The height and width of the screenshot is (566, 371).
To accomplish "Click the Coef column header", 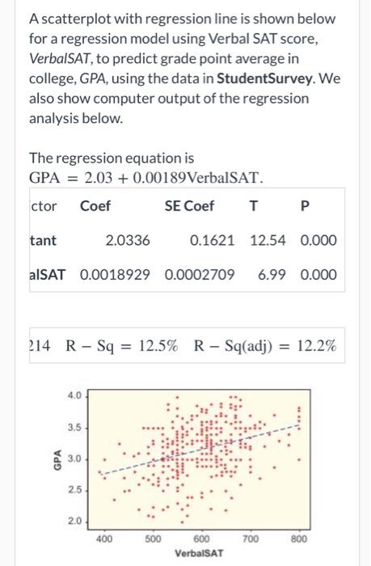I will tap(95, 206).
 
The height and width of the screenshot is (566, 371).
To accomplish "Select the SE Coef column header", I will tap(189, 206).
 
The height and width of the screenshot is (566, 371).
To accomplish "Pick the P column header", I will tap(303, 206).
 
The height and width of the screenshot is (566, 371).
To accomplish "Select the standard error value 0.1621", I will tap(213, 241).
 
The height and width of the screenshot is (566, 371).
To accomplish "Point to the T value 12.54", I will tap(268, 241).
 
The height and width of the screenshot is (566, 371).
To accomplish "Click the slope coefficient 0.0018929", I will tap(115, 275).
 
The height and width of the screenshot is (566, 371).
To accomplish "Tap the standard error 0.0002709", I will tap(200, 275).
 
